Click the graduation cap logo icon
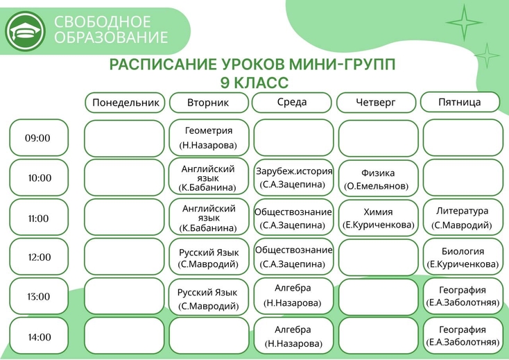tap(26, 31)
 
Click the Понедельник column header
tap(125, 103)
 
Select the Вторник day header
tap(209, 103)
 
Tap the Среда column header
tap(292, 102)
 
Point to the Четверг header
tap(377, 103)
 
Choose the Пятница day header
tap(460, 102)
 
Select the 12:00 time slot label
tap(39, 257)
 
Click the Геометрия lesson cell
tap(209, 138)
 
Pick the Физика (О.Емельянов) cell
tap(378, 178)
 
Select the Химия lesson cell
tap(378, 218)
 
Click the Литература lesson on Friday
tap(463, 217)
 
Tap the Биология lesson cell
tap(463, 257)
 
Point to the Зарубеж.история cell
tap(293, 178)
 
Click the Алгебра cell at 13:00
tap(293, 296)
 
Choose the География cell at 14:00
tap(463, 336)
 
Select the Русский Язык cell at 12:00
tap(209, 257)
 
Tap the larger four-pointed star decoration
tap(464, 23)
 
